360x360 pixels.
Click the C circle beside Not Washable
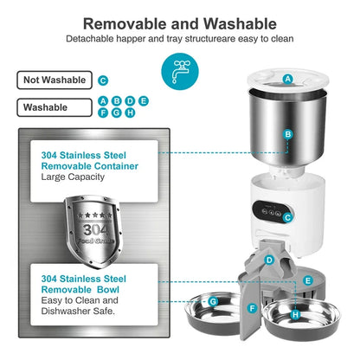click(x=103, y=80)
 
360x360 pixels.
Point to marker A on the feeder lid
click(x=288, y=79)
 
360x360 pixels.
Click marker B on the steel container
click(x=288, y=135)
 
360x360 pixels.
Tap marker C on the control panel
click(x=288, y=217)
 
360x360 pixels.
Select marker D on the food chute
click(x=269, y=260)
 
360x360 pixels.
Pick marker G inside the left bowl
click(x=213, y=301)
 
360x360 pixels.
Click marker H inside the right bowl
click(x=295, y=315)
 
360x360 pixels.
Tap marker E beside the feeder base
click(x=307, y=280)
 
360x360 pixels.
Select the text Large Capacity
click(x=73, y=177)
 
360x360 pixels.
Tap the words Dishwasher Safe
click(x=79, y=310)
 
